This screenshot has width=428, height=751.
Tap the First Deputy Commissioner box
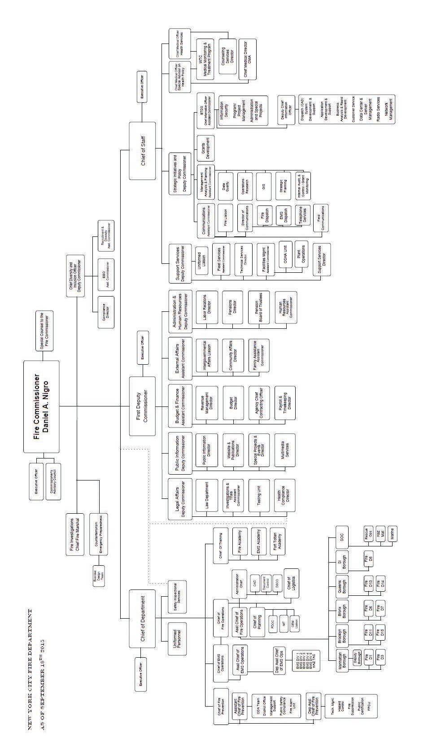pos(142,406)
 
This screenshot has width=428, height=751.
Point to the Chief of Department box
pos(142,618)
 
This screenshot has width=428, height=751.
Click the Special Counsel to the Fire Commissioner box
pos(44,331)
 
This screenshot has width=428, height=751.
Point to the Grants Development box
pos(205,148)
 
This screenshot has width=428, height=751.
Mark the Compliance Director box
pos(106,312)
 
